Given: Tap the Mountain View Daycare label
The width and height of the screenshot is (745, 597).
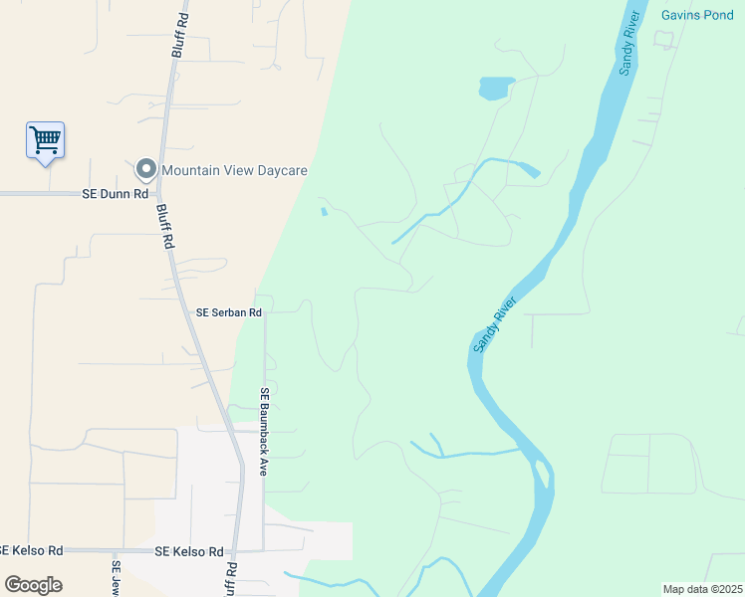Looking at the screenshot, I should pyautogui.click(x=235, y=170).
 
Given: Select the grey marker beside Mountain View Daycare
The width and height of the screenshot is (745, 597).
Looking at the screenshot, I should pyautogui.click(x=146, y=170).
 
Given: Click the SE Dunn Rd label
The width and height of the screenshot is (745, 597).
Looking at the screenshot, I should pyautogui.click(x=108, y=194).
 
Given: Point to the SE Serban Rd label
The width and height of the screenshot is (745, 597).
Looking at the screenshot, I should pyautogui.click(x=229, y=311).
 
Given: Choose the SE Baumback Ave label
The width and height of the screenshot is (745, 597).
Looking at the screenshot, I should pyautogui.click(x=265, y=431).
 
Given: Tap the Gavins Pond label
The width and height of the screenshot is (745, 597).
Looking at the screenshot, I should pyautogui.click(x=697, y=15).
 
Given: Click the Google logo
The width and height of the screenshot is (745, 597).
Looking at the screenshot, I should pyautogui.click(x=33, y=584).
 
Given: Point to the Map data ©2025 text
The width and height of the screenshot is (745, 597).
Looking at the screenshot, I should pyautogui.click(x=701, y=589).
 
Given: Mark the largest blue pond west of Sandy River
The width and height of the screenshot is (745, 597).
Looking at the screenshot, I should pyautogui.click(x=495, y=89).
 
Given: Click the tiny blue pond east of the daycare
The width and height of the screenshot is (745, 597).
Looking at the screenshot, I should pyautogui.click(x=323, y=211).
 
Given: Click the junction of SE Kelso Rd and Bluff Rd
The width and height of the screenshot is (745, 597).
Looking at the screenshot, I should pyautogui.click(x=233, y=550).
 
